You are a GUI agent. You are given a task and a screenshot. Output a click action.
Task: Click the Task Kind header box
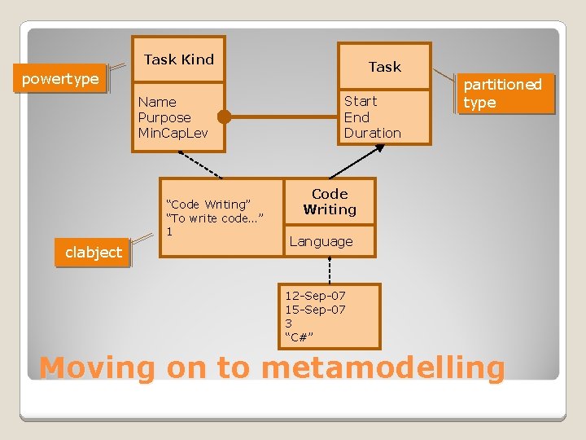(178, 59)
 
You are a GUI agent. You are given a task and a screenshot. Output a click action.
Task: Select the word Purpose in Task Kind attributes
(164, 117)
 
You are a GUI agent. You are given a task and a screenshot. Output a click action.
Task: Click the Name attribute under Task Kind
(157, 102)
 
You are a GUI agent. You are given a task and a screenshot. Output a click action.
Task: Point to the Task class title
(384, 67)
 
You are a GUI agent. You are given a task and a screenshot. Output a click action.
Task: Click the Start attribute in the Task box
(361, 101)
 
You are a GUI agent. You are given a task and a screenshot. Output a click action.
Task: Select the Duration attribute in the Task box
(373, 133)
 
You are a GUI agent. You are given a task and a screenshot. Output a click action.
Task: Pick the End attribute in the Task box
(356, 117)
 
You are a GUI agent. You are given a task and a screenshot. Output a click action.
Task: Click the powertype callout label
(60, 80)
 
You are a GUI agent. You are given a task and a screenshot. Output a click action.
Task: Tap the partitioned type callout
(502, 93)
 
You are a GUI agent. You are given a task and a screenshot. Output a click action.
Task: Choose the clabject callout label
(94, 253)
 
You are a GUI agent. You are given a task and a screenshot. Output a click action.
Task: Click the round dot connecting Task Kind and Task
(225, 117)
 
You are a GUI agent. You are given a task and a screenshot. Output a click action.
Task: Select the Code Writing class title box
(330, 202)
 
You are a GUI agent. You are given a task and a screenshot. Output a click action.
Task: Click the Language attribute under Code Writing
(321, 241)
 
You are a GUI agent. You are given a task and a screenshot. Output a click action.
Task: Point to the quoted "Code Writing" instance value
(208, 205)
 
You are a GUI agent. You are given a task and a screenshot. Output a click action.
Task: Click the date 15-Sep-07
(315, 309)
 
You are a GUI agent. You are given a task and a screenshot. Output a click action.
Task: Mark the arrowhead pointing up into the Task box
(376, 150)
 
